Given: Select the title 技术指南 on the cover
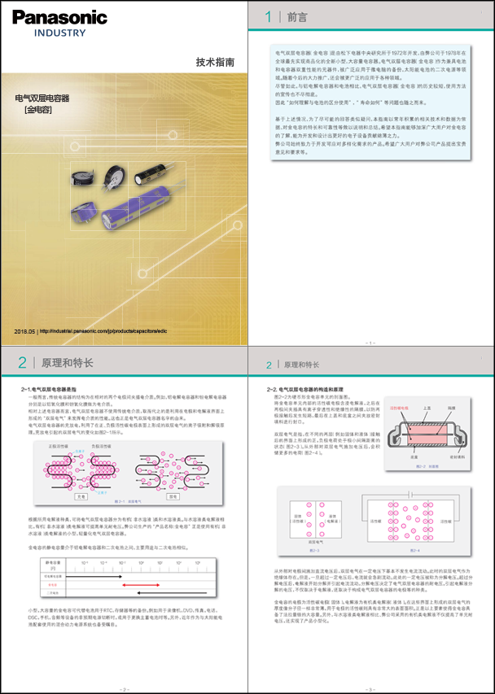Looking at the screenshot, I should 217,63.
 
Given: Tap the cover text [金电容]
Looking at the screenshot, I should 37,109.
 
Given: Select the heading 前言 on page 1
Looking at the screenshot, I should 298,16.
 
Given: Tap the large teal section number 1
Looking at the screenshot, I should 269,16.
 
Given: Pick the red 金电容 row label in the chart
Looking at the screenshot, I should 52,584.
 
